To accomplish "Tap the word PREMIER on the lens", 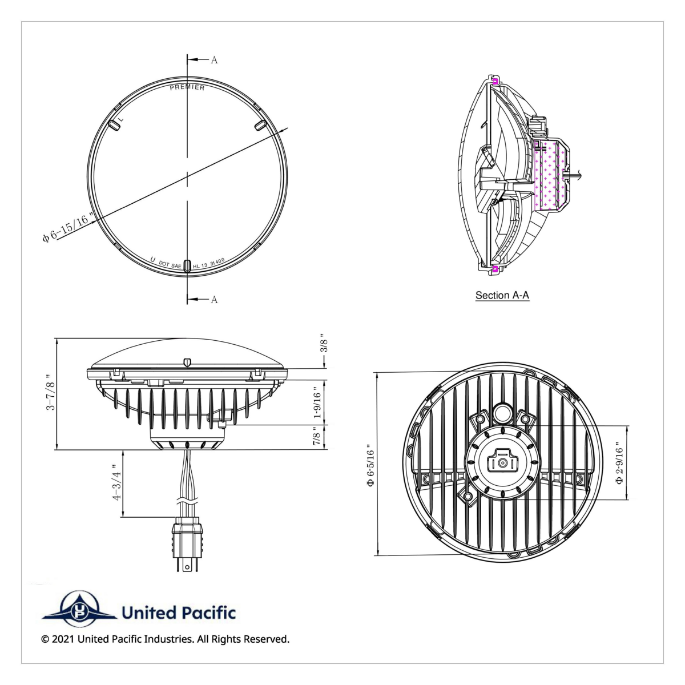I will (x=187, y=87).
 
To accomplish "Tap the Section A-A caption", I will (x=502, y=296).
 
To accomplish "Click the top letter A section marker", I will (x=214, y=60).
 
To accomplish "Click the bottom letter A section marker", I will (x=214, y=300).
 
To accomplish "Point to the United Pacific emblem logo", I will (x=79, y=607).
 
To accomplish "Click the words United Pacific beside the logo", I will (x=178, y=613).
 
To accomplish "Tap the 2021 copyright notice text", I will (x=166, y=639).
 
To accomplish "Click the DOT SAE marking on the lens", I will (x=170, y=265).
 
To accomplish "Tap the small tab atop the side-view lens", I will (x=187, y=362).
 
